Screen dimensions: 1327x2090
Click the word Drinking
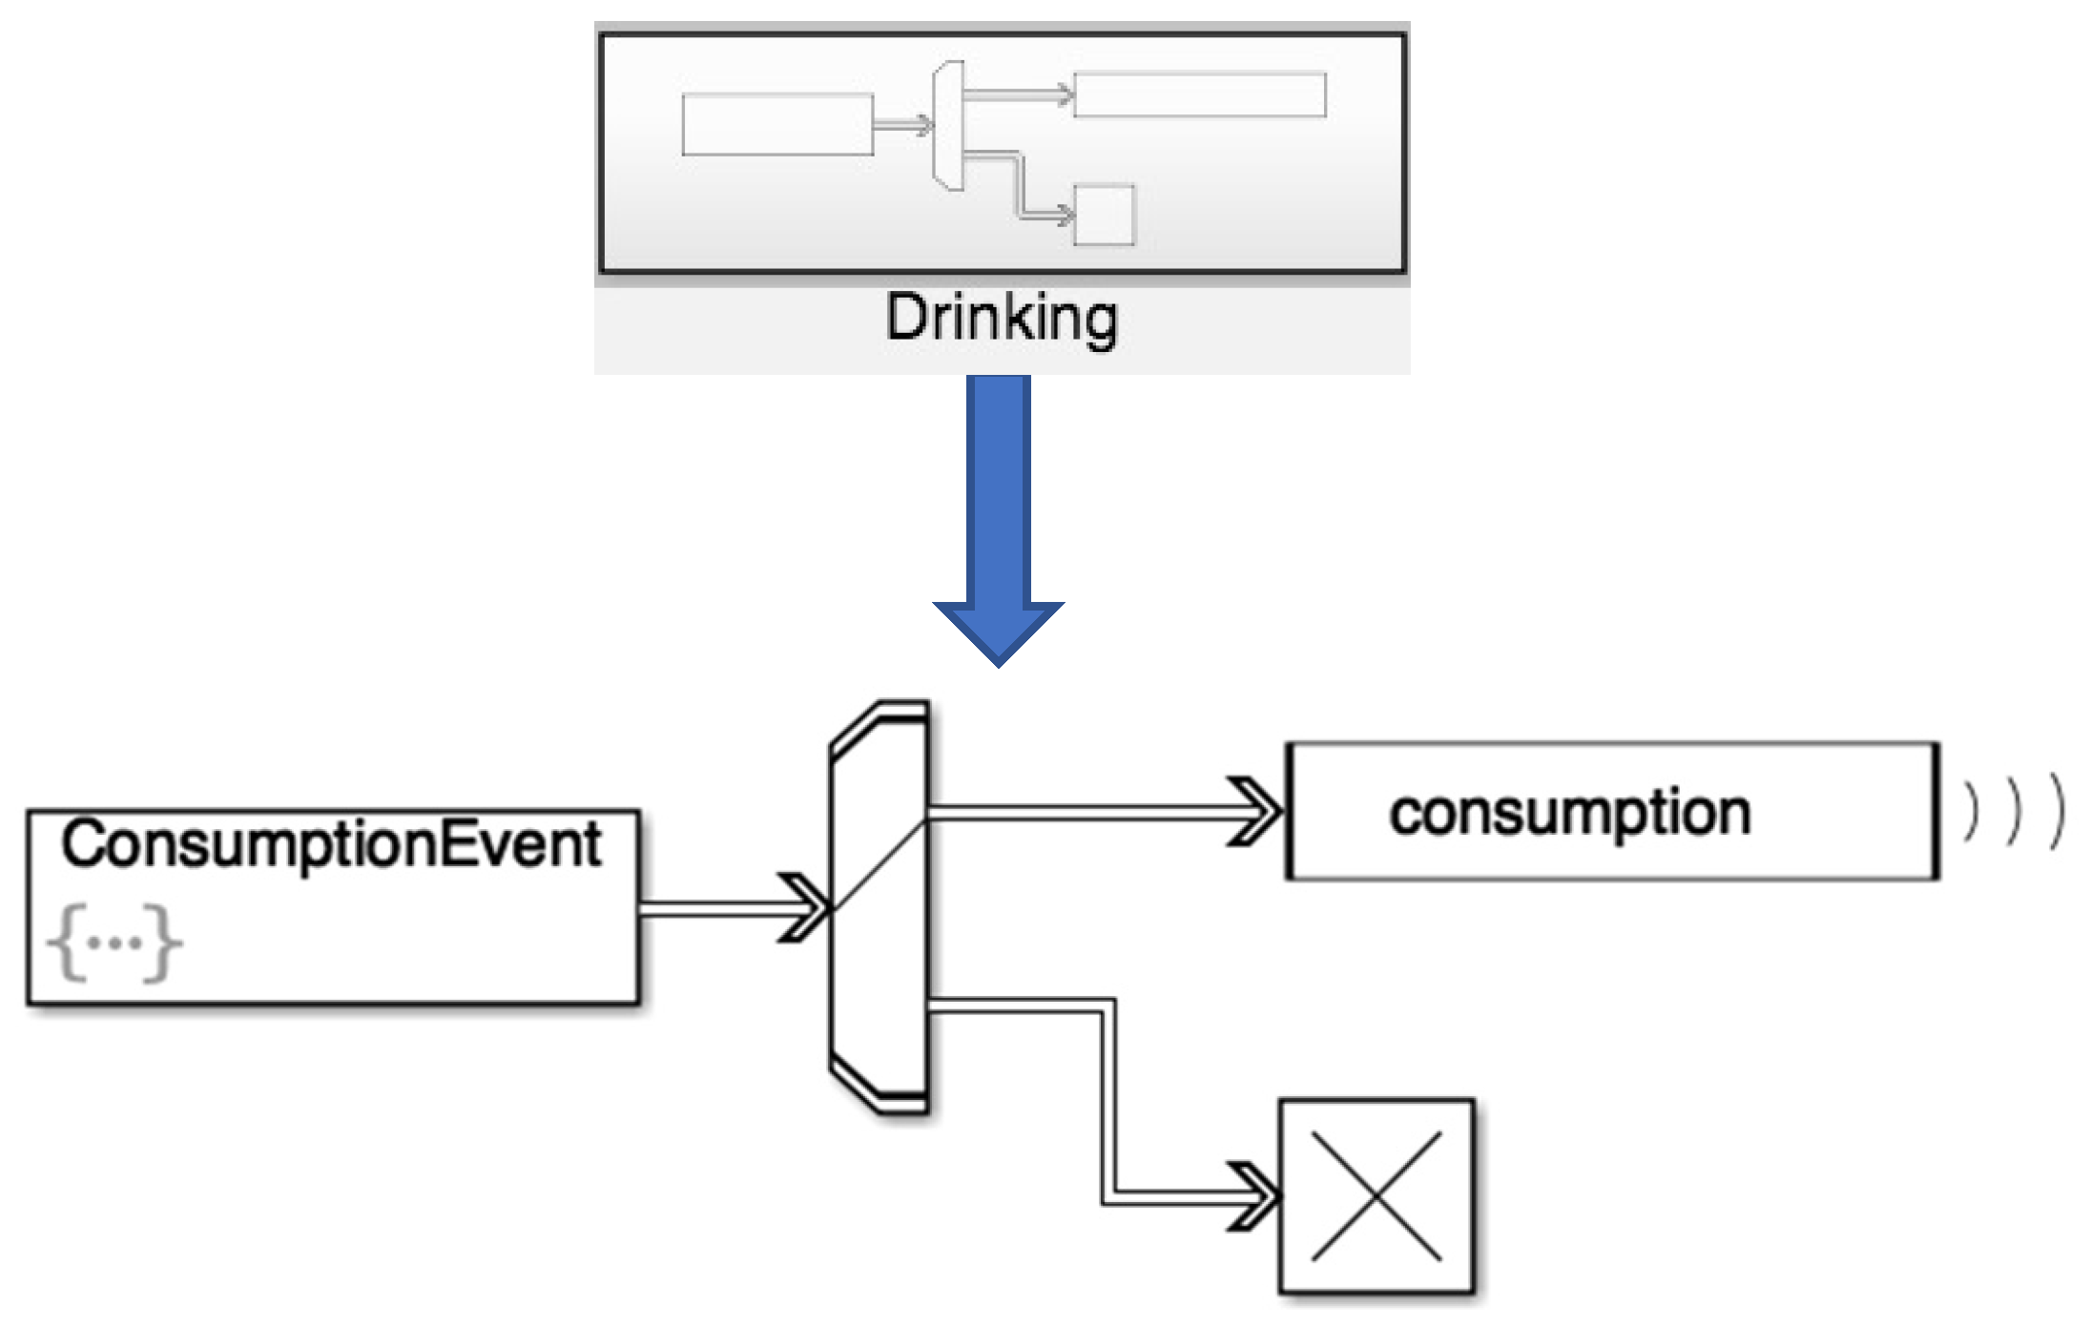point(1001,320)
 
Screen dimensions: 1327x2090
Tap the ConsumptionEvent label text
point(331,845)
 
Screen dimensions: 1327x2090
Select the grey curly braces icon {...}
point(114,943)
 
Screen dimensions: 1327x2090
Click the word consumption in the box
point(1569,814)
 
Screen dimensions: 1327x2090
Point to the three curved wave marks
point(2013,812)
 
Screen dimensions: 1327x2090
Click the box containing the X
point(1376,1196)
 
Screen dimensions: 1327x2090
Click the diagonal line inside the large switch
point(879,864)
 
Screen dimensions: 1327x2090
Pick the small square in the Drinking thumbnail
point(1104,215)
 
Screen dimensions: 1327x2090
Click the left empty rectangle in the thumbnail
point(777,124)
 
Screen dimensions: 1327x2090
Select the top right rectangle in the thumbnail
point(1199,94)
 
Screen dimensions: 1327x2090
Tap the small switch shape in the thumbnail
point(948,126)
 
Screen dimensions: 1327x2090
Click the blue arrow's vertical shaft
point(998,487)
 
